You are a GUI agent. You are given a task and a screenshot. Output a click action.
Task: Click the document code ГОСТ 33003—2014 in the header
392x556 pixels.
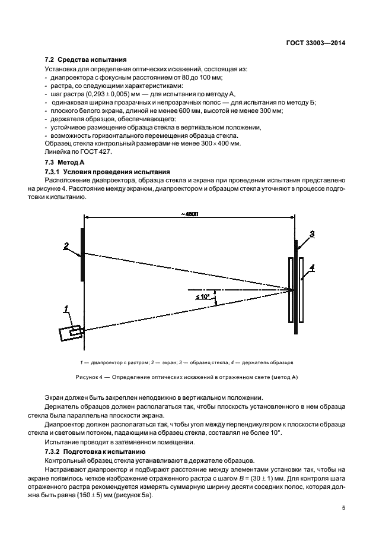coord(315,43)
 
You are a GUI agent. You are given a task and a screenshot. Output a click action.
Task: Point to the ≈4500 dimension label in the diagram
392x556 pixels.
coord(190,214)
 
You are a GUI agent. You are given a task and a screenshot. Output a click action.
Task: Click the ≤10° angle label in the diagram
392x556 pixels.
coord(202,296)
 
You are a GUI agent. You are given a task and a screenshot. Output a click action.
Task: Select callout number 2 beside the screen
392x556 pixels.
coord(67,245)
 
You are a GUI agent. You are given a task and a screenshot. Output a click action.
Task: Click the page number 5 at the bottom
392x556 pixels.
coord(343,507)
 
